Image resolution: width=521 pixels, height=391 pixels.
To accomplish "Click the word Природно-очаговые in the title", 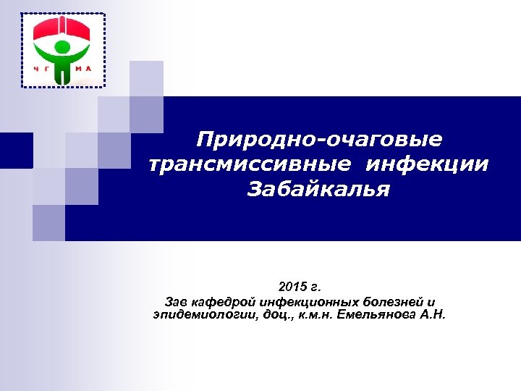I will click(x=320, y=138).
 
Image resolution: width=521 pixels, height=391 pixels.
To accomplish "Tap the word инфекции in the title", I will click(x=427, y=164).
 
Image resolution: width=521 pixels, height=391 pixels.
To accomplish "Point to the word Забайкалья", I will click(x=318, y=190).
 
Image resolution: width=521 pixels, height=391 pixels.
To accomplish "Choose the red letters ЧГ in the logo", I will click(x=42, y=70).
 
